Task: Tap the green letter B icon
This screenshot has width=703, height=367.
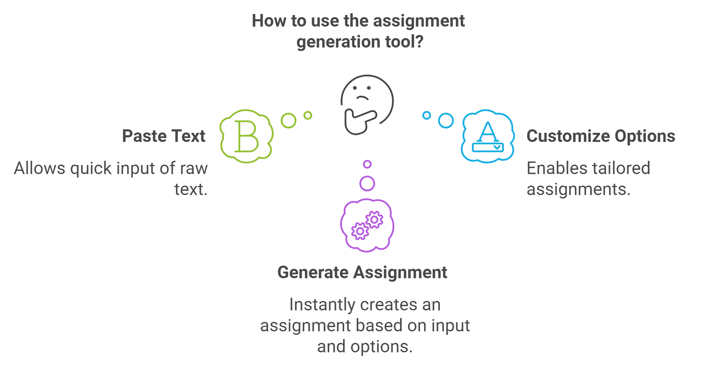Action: pyautogui.click(x=247, y=136)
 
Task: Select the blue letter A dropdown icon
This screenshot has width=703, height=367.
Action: pyautogui.click(x=488, y=136)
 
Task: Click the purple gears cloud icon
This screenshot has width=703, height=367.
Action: pyautogui.click(x=367, y=225)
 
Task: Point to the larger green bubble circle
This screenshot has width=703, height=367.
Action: pyautogui.click(x=289, y=120)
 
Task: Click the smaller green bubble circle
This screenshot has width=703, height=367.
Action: pyautogui.click(x=308, y=115)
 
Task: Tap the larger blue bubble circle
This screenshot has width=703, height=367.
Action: pyautogui.click(x=446, y=120)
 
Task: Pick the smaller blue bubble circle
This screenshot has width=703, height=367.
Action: pyautogui.click(x=427, y=115)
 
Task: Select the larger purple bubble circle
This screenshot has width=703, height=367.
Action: pyautogui.click(x=367, y=183)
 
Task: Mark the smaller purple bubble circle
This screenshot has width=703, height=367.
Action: pyautogui.click(x=367, y=164)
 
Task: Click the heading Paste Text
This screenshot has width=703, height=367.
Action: pyautogui.click(x=164, y=136)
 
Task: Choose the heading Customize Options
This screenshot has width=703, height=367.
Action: pyautogui.click(x=601, y=136)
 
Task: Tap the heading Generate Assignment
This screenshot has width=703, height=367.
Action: pyautogui.click(x=362, y=272)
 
